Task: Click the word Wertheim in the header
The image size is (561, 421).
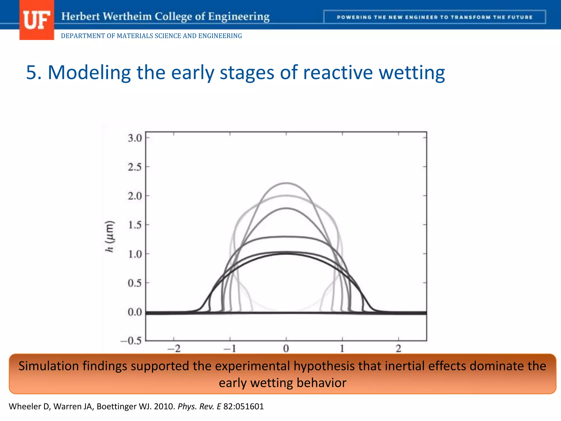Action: tap(127, 16)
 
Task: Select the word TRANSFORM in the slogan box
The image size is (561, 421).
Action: tap(471, 17)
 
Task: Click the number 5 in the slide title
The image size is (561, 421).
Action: tap(34, 73)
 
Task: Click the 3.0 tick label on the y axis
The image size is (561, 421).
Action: tap(135, 138)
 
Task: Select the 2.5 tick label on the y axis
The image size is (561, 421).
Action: tap(135, 167)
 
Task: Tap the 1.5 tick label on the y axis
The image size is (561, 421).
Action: tap(135, 225)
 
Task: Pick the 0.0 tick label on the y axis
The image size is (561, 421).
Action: tap(135, 312)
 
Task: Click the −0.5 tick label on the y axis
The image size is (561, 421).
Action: tap(131, 341)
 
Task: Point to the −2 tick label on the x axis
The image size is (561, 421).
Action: tap(174, 349)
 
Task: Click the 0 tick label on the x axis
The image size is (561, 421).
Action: tap(286, 349)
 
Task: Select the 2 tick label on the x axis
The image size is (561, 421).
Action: tap(399, 349)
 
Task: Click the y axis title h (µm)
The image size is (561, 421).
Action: tap(110, 236)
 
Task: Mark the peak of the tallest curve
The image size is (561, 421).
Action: tap(286, 183)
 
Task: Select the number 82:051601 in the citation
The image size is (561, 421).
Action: tap(243, 406)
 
